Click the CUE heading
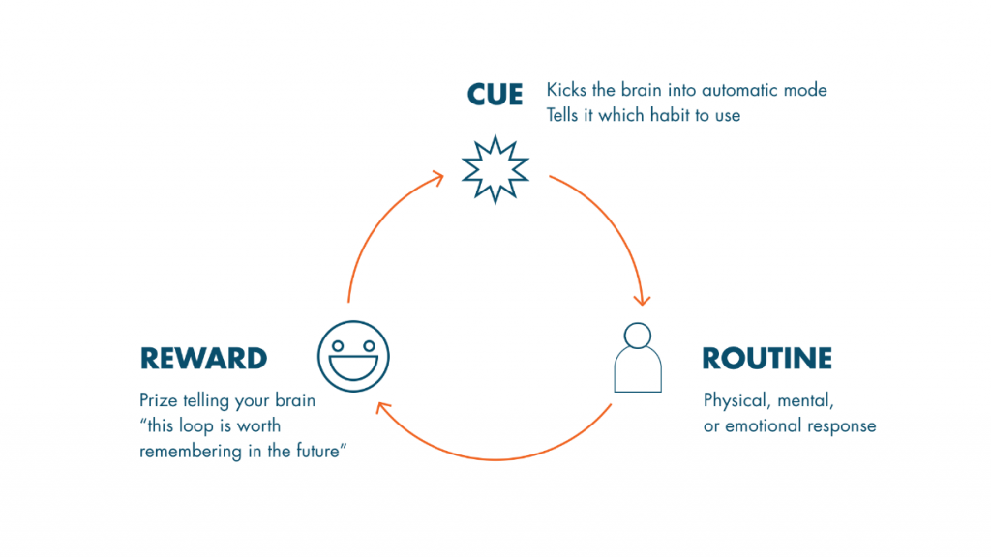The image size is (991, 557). (x=495, y=95)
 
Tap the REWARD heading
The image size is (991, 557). (x=203, y=358)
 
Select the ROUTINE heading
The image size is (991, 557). (x=766, y=358)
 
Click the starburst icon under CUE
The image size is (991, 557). (x=495, y=169)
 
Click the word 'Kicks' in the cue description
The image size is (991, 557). (x=566, y=90)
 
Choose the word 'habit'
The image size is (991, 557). (x=672, y=115)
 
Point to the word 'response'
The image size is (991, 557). (x=842, y=427)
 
